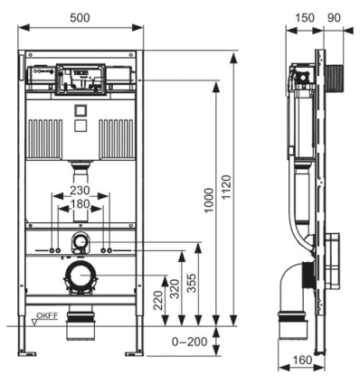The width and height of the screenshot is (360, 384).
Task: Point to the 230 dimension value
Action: pyautogui.click(x=81, y=192)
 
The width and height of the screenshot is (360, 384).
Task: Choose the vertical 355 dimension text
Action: pyautogui.click(x=191, y=283)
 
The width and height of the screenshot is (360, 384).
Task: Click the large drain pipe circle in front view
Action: pyautogui.click(x=81, y=278)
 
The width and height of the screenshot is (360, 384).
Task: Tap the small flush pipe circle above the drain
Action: pyautogui.click(x=81, y=242)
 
